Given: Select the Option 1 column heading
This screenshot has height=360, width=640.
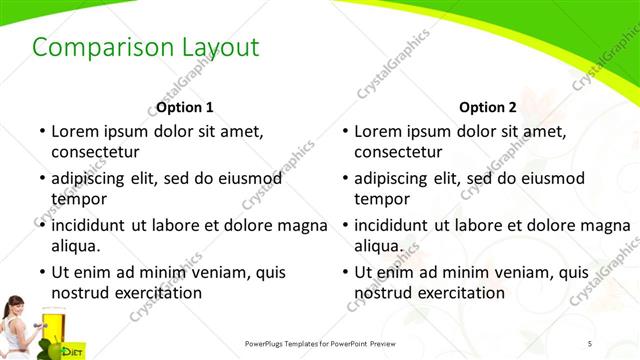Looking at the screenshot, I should pos(185,107).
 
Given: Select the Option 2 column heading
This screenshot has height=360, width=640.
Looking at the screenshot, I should pos(488,107).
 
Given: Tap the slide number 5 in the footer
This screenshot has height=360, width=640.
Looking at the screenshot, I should pos(590,343).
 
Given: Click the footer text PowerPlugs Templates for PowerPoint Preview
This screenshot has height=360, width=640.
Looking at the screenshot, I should pos(321,343).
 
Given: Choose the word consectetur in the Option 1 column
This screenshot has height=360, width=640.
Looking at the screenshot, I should pos(95,152).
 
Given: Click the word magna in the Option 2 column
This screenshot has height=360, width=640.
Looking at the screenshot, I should pos(608,225).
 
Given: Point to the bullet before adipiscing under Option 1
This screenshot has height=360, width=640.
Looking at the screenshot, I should pos(40,178).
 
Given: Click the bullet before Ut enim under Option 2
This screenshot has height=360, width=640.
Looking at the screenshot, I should pos(343,271).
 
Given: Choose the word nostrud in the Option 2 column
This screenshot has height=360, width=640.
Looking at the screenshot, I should pos(382,292).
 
